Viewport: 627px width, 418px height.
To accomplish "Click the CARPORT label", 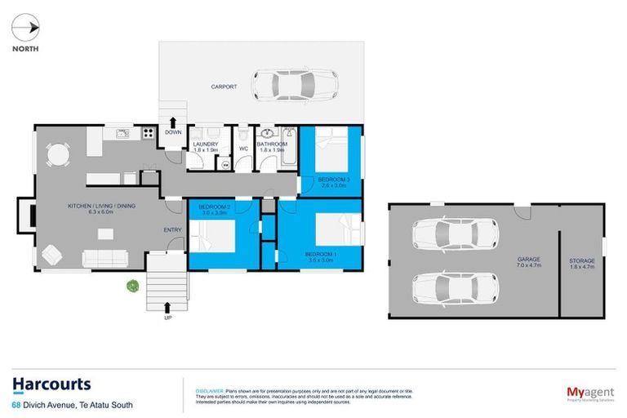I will [224, 87].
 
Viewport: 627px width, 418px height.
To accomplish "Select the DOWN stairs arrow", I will [172, 122].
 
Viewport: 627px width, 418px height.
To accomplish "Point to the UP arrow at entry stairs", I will [168, 308].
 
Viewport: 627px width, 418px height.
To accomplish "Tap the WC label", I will [243, 149].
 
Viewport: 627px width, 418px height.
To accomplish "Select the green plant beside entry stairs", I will [131, 286].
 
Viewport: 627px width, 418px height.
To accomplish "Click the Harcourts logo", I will [51, 385].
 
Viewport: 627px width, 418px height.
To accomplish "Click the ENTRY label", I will [172, 229].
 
